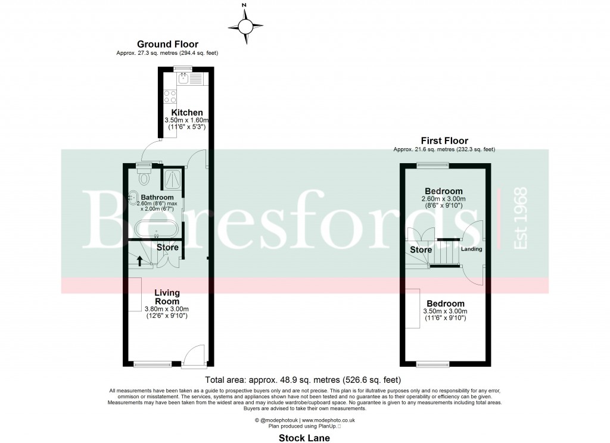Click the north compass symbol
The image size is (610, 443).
[245, 26]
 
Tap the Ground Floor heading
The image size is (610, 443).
[167, 44]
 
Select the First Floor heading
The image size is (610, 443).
[444, 141]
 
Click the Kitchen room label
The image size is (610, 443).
[187, 113]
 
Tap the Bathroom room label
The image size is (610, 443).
[157, 197]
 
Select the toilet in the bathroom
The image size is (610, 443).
[144, 176]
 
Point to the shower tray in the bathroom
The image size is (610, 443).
[172, 176]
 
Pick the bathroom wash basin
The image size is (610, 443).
[133, 197]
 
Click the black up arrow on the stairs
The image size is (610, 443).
[141, 260]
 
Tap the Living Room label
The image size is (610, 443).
[167, 297]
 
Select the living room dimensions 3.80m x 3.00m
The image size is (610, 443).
[167, 309]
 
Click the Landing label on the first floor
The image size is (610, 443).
[471, 249]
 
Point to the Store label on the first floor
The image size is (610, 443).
[421, 250]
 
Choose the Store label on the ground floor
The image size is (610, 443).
[167, 247]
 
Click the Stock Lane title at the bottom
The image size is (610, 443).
[304, 438]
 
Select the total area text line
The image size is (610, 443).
[303, 380]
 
